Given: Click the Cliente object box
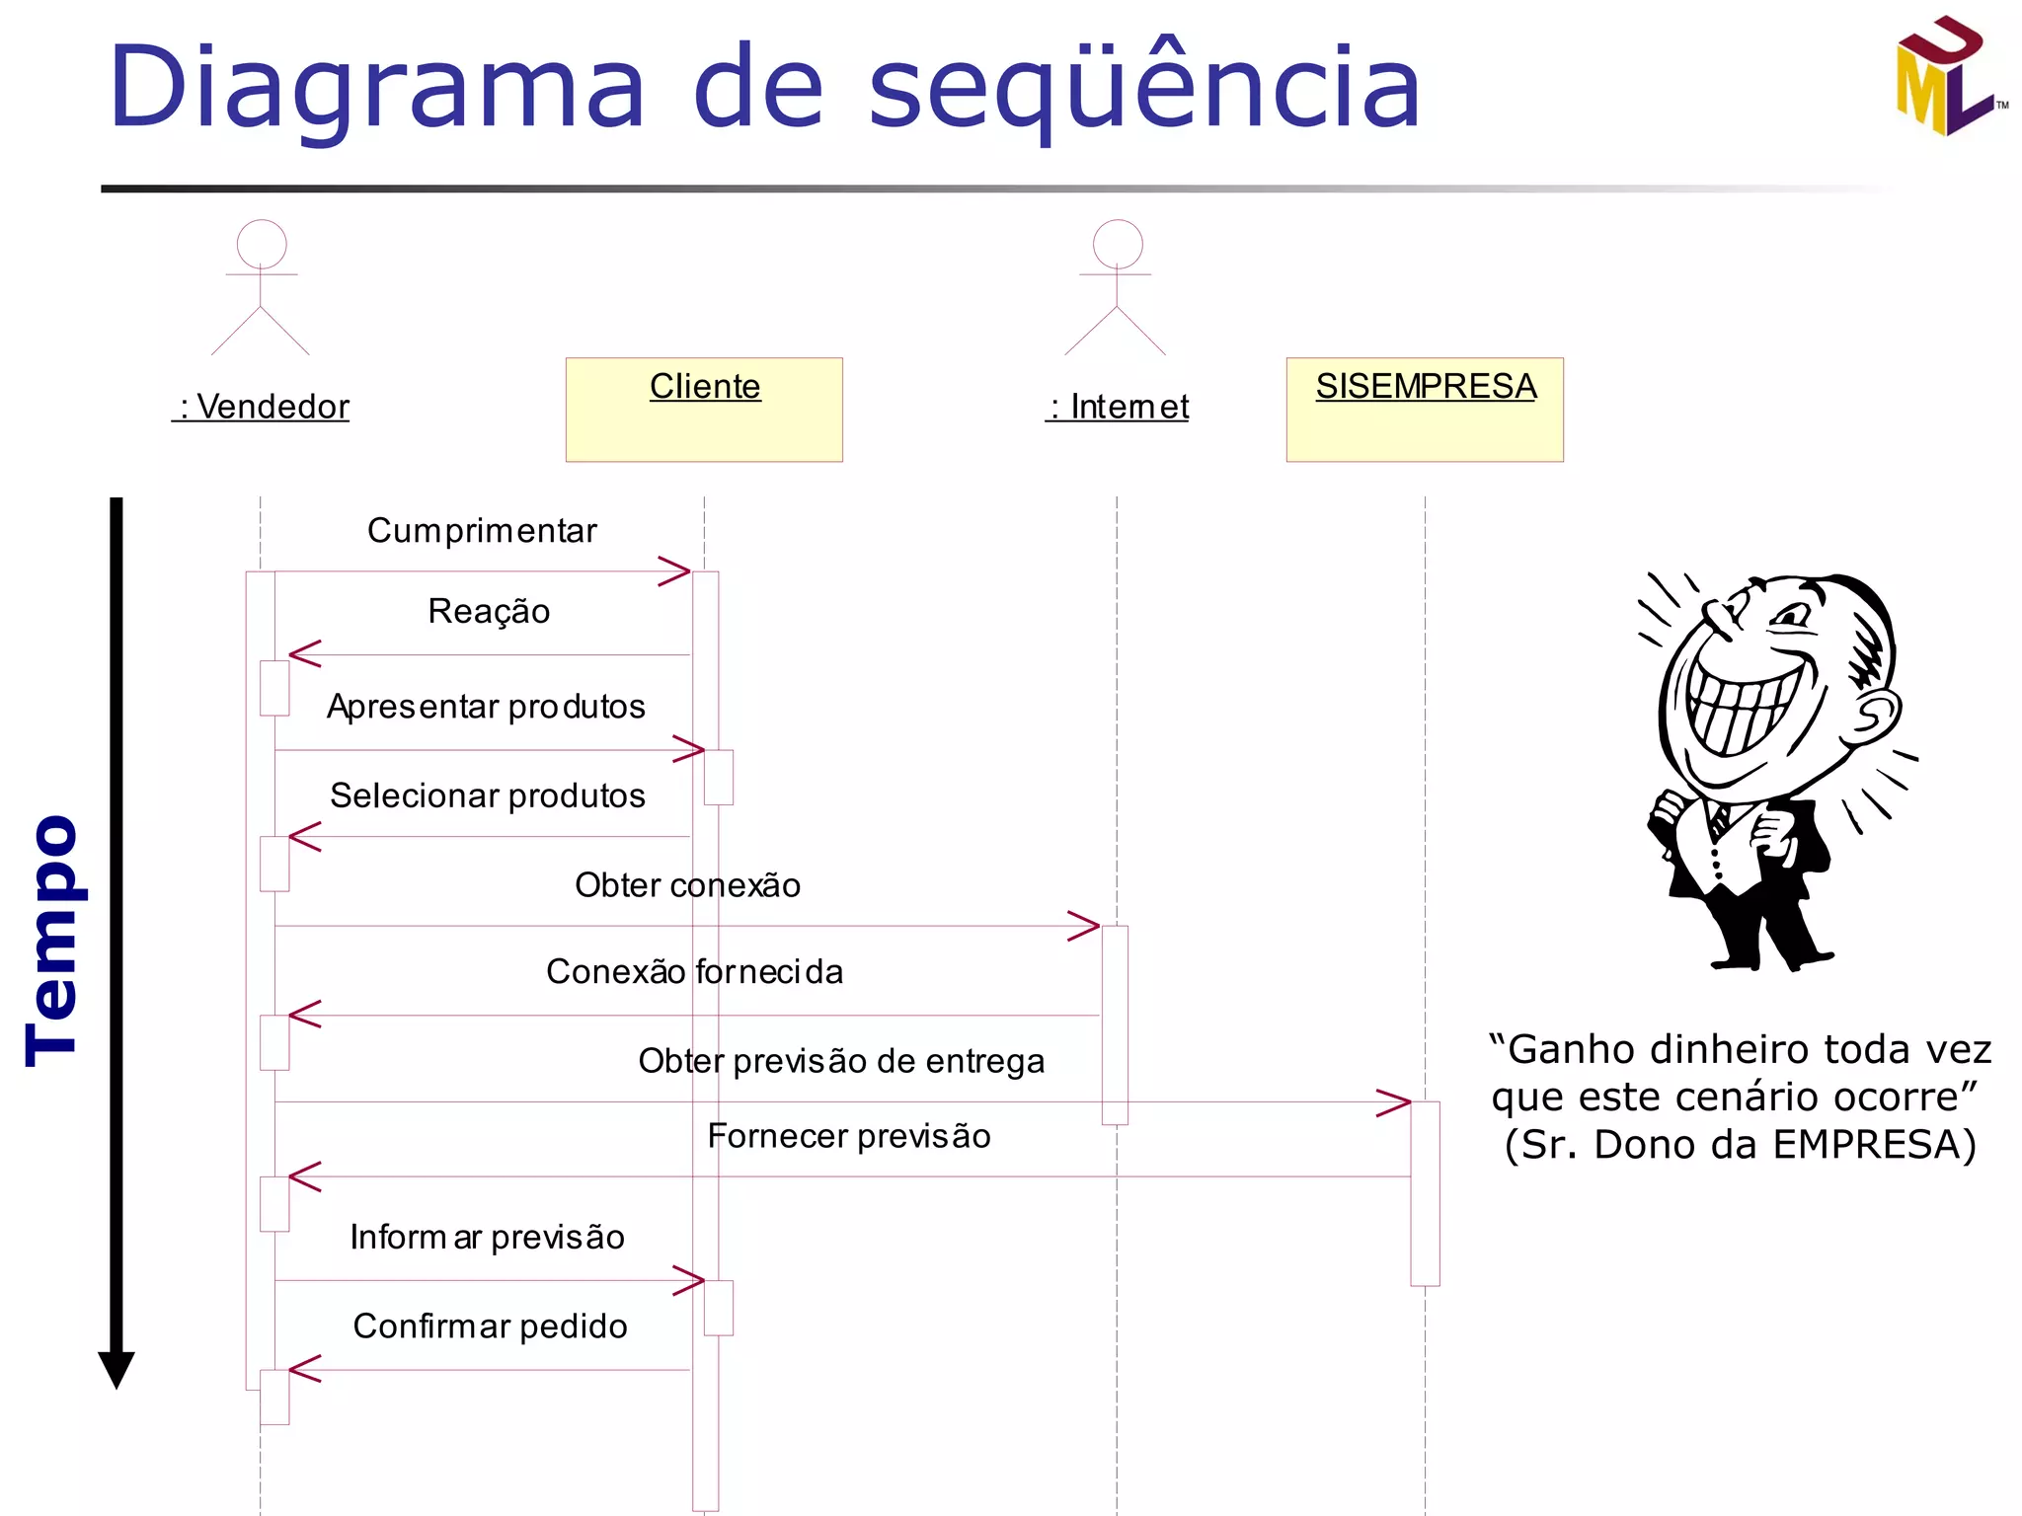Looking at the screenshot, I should point(704,410).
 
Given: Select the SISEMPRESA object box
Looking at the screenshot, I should point(1425,410).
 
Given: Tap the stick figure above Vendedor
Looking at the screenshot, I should point(261,287).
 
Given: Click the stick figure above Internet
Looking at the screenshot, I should point(1117,287).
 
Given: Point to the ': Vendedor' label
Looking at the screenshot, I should point(262,407).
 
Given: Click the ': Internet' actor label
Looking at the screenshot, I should point(1118,407).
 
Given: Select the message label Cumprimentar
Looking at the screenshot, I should point(482,531).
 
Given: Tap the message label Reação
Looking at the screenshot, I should point(489,612).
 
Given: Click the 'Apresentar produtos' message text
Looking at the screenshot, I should point(486,707).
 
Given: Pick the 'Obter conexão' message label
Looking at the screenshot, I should point(687,885).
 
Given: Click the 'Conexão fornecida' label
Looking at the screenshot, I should point(694,972).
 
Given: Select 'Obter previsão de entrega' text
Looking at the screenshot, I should point(841,1061).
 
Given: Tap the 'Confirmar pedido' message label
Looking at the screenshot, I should point(490,1326).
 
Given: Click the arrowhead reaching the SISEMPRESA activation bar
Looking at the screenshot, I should point(1394,1102).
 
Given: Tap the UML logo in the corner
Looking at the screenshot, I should point(1948,77).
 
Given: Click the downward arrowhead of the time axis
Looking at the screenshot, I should point(117,1370).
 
